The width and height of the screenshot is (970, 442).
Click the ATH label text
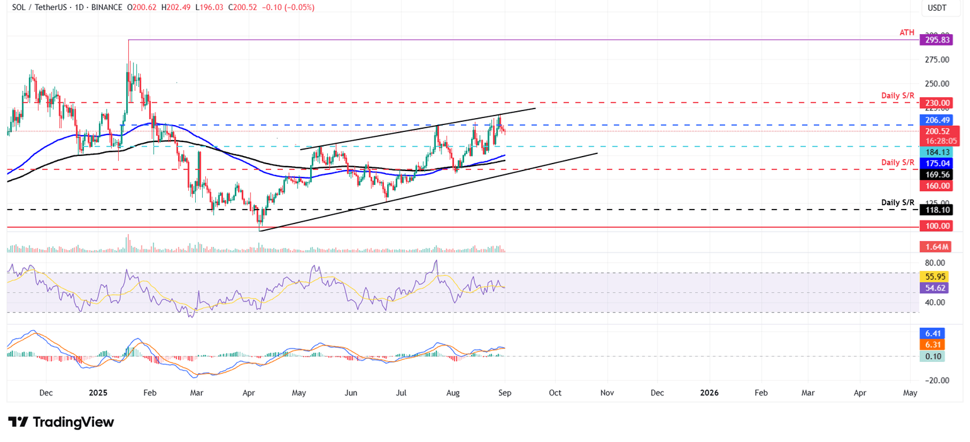(x=906, y=32)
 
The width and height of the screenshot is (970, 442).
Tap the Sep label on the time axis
(x=505, y=392)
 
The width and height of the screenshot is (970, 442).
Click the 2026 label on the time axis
(x=709, y=392)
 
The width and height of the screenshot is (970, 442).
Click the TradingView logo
(x=61, y=422)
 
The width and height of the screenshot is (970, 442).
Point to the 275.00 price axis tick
(x=937, y=60)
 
